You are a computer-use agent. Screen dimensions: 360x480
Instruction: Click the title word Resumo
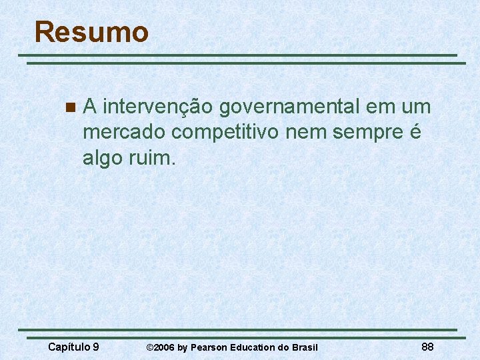coord(91,32)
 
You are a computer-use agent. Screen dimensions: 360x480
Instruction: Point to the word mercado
coord(125,133)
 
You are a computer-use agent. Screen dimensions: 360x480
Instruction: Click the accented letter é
coord(415,133)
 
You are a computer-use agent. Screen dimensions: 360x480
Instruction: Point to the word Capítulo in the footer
coord(69,347)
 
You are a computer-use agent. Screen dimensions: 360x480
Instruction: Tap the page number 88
coord(428,347)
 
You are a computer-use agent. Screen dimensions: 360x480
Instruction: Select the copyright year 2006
coord(165,347)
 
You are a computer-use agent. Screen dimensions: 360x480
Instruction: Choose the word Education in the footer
coord(256,347)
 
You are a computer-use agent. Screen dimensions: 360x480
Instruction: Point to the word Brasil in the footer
coord(305,347)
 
